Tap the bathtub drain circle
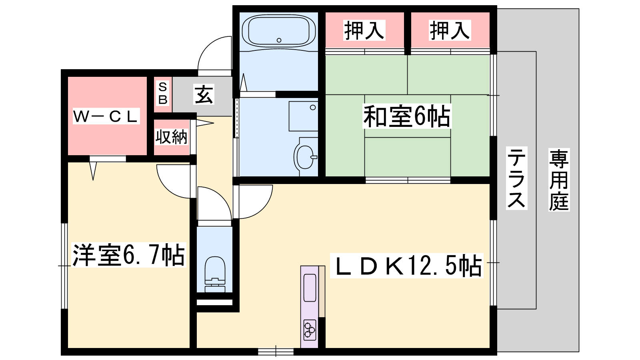pos(279,40)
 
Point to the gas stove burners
pos(310,330)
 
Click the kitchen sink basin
pos(310,288)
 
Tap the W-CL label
pos(106,116)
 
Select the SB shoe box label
pos(163,93)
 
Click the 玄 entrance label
pos(204,94)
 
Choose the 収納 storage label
pos(171,137)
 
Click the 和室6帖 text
pos(406,116)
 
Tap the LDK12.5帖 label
pos(406,266)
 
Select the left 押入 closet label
pos(364,30)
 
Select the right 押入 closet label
pos(450,30)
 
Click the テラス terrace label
pos(516,178)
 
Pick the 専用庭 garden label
pos(559,180)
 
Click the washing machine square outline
pos(303,116)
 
